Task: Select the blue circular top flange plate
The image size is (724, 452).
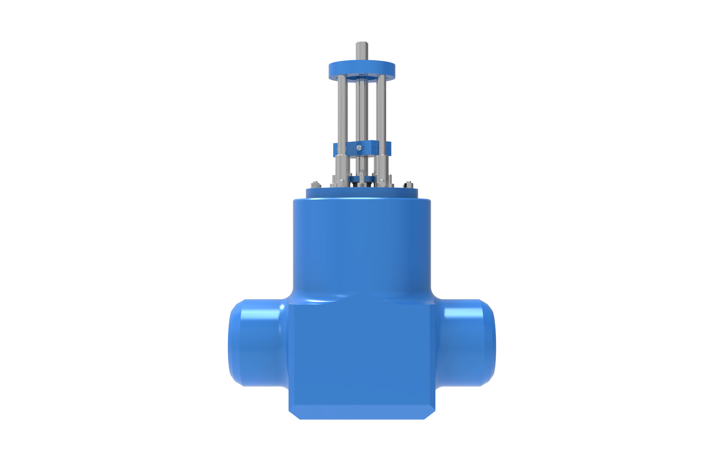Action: click(x=362, y=70)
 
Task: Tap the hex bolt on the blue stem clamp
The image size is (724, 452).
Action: click(x=359, y=148)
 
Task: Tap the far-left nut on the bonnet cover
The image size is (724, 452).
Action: click(x=316, y=185)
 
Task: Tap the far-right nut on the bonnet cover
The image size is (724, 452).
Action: click(x=408, y=185)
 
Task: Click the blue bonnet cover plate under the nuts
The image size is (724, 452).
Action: click(x=362, y=194)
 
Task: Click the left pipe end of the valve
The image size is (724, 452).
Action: click(x=256, y=343)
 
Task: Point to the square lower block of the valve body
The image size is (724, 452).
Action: click(x=362, y=354)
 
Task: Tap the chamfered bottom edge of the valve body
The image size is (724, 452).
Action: click(x=362, y=412)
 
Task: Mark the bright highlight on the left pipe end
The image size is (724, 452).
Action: click(x=282, y=307)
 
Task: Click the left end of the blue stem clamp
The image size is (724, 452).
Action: click(x=335, y=149)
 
